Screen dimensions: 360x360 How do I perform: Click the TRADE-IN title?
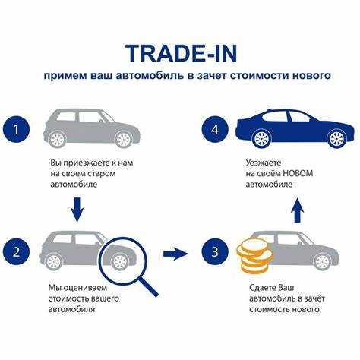point(182,53)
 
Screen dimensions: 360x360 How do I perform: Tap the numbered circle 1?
point(16,129)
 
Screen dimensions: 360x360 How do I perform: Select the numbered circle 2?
point(16,252)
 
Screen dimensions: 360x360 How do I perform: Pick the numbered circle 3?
point(215,252)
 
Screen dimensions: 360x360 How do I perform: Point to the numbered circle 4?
point(215,129)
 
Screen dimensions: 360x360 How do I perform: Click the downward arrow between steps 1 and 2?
point(77,210)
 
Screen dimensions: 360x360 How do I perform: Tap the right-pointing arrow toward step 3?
point(175,254)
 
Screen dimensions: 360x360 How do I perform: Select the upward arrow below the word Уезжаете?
point(297,210)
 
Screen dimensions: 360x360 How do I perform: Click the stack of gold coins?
point(254,258)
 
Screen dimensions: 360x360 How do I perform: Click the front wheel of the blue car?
point(336,139)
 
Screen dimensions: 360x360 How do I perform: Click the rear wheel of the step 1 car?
point(58,139)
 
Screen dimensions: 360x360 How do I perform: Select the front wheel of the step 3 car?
point(323,261)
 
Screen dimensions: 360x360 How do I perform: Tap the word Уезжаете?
point(264,163)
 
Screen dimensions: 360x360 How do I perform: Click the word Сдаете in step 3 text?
point(263,288)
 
